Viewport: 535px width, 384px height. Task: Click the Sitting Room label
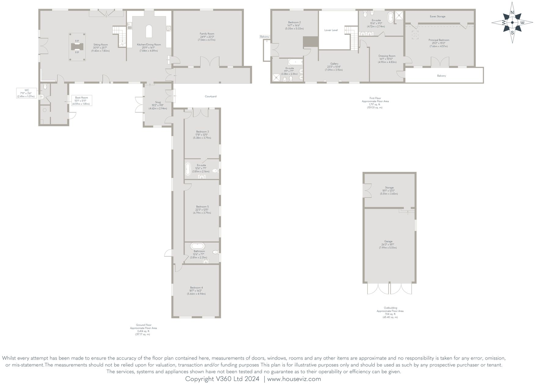point(100,45)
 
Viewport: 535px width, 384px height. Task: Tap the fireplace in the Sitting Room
point(77,47)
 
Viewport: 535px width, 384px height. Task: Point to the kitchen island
point(149,31)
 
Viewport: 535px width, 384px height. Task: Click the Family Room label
point(207,34)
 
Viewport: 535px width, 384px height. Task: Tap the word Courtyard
point(210,96)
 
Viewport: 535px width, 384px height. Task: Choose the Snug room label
point(158,103)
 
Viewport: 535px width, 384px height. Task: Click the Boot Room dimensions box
point(82,101)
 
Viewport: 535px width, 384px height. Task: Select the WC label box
point(27,93)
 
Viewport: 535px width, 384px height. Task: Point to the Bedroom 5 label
point(202,207)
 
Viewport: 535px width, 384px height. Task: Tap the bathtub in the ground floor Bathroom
point(198,246)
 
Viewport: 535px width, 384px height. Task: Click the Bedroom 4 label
point(196,288)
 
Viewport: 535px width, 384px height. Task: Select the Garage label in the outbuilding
point(388,241)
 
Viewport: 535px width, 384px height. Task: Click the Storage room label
point(389,188)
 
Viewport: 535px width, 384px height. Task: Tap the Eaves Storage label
point(437,16)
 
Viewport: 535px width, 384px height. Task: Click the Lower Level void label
point(331,30)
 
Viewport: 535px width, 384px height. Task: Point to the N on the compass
point(512,13)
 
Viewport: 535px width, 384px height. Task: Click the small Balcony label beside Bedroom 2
point(264,37)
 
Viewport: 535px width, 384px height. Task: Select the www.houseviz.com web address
point(294,379)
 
